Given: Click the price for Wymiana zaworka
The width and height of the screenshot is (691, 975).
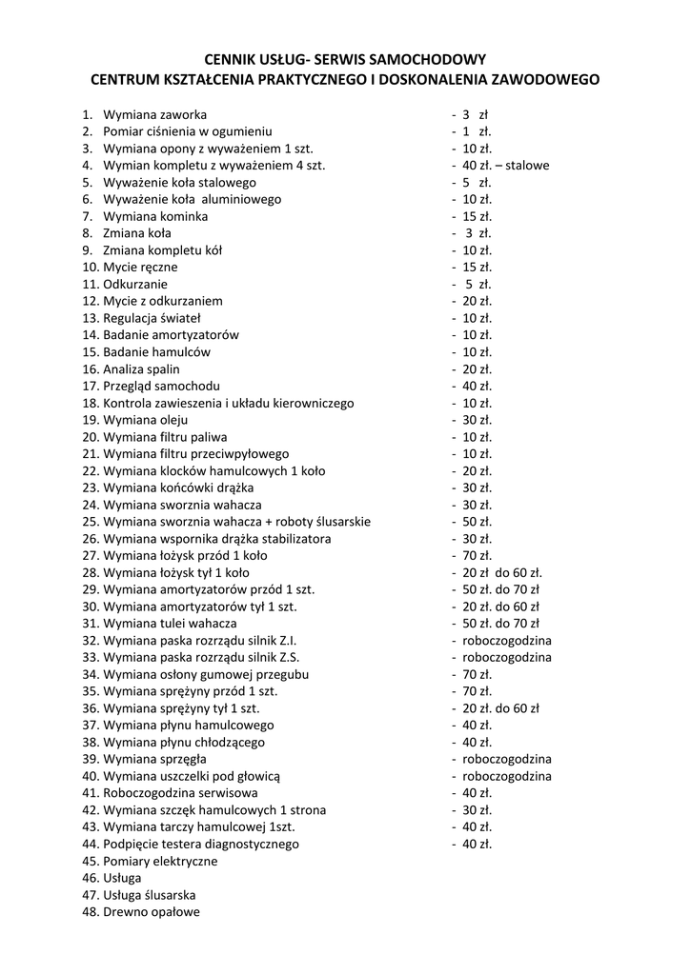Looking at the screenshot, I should [x=475, y=114].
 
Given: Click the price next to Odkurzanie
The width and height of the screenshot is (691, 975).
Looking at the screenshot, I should [x=477, y=284].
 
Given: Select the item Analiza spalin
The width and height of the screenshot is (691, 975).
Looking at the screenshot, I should [x=141, y=369].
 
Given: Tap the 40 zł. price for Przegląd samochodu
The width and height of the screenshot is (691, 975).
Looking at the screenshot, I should [x=477, y=386].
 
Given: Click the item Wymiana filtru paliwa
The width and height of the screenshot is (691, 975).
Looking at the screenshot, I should [x=159, y=437].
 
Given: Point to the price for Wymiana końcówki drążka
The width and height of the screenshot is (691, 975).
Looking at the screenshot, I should [x=477, y=487].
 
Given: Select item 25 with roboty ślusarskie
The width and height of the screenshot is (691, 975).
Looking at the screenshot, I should [x=236, y=522].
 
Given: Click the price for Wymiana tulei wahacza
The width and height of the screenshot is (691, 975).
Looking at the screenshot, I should [x=501, y=624].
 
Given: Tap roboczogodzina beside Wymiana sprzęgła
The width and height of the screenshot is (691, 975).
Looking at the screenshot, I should [x=507, y=759].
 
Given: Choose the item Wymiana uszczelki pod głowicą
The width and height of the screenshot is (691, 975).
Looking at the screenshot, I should [x=192, y=776].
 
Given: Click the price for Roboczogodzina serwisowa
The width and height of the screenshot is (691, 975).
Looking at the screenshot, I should [x=477, y=793].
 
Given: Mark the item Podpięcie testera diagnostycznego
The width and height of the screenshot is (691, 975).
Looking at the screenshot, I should [x=201, y=844].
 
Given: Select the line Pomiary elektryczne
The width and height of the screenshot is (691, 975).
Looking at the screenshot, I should [x=160, y=861].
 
